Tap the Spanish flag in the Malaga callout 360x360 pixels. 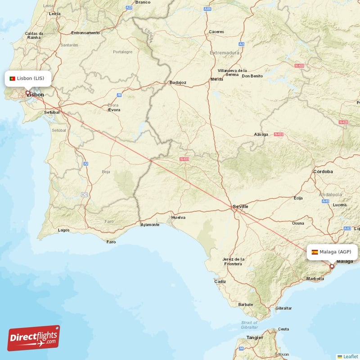click(315, 252)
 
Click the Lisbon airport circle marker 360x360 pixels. click(27, 93)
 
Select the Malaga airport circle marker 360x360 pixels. click(332, 266)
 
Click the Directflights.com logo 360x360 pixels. click(33, 338)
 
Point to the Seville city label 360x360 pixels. click(240, 207)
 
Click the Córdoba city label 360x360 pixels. click(323, 171)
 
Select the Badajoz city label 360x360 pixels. click(178, 83)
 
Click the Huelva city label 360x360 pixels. click(178, 217)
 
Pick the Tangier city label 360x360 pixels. click(255, 337)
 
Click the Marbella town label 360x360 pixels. click(315, 279)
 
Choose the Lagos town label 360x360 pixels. click(63, 230)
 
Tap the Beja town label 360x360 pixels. click(106, 172)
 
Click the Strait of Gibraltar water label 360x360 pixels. click(249, 325)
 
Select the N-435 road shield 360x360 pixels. click(184, 159)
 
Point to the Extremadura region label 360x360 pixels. click(224, 53)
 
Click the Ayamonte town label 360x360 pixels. click(150, 225)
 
